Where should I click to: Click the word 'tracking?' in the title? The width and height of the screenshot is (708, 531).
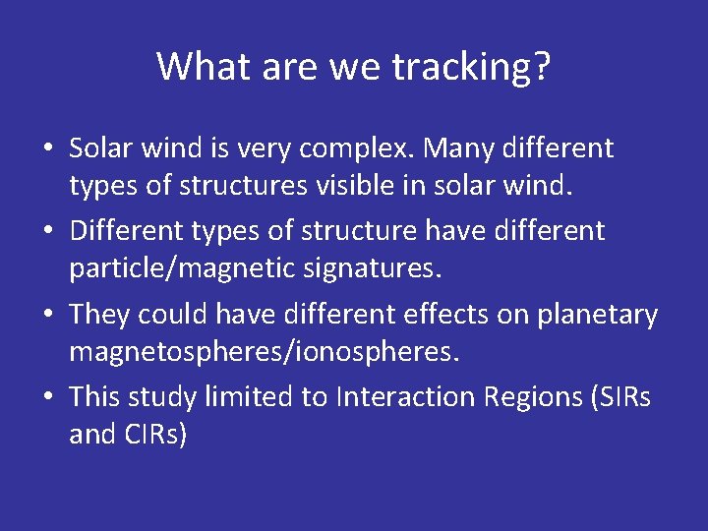471,67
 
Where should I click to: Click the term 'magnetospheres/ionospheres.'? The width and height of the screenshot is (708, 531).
264,350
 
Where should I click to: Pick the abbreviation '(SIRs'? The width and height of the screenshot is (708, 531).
624,397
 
